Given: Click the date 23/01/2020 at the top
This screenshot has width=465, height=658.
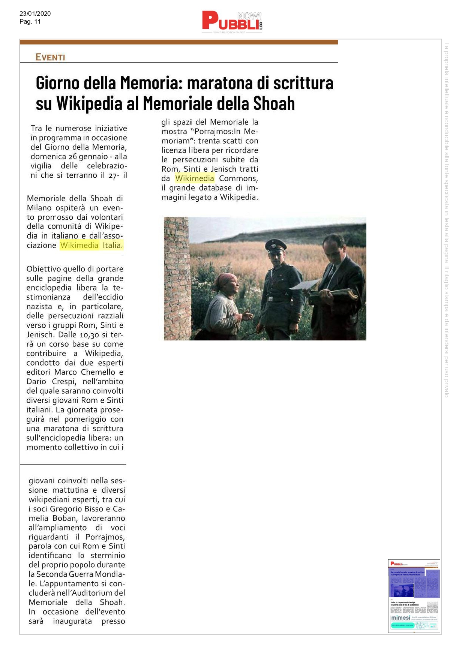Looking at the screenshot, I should point(35,13).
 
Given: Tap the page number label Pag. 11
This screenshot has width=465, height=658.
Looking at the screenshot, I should point(30,21).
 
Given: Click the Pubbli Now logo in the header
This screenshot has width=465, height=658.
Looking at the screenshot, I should point(232,22).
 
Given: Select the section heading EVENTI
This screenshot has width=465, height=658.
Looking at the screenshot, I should point(50,57).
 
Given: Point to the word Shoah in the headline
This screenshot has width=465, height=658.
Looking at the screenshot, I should point(274,103).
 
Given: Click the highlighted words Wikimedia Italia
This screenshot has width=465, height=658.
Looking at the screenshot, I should point(91,245).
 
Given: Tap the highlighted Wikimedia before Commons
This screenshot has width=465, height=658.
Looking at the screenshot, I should point(195,178).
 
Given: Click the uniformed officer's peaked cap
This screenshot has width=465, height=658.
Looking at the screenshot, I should point(275,246).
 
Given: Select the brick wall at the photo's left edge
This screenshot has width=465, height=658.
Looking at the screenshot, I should point(177,277).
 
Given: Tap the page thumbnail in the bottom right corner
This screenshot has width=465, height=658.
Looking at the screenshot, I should point(414,596).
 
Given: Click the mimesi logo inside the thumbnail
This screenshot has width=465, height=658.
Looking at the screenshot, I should point(400,618).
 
